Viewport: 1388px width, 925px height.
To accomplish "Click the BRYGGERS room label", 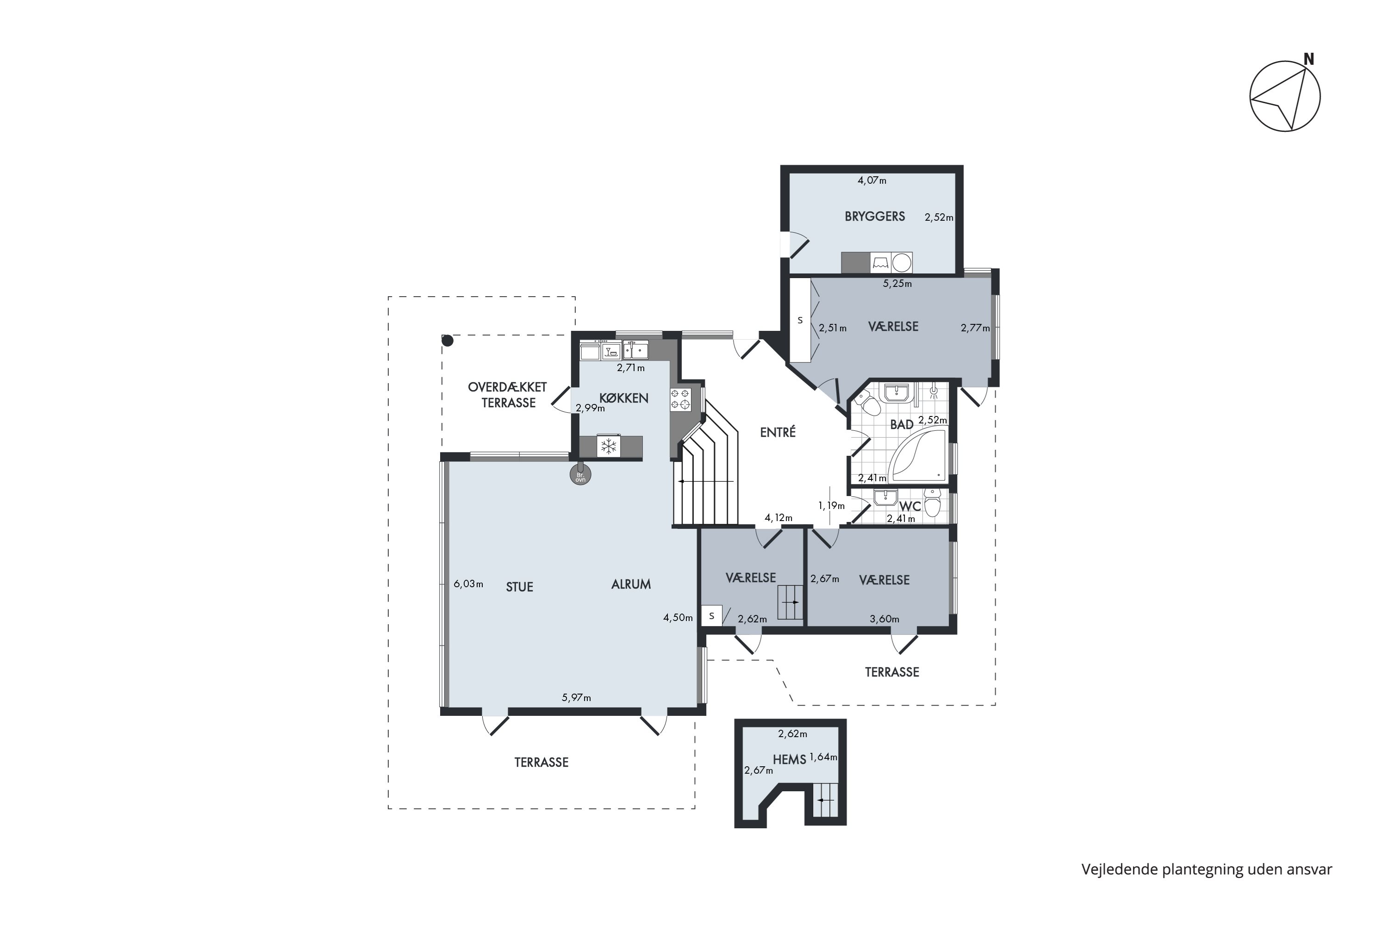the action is point(874,217).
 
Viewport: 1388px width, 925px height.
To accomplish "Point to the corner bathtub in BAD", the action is point(917,454).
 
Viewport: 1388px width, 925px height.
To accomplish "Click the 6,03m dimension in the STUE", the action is point(468,584).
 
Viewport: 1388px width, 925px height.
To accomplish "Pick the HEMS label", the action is point(789,760).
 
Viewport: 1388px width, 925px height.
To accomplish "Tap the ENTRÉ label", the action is point(778,432).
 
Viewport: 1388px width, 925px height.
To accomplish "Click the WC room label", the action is point(910,506).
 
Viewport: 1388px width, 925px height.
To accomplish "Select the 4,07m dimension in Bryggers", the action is point(872,180).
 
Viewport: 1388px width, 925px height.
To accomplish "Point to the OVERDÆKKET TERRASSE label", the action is point(507,395).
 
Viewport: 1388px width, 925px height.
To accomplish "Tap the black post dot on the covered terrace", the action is point(448,341).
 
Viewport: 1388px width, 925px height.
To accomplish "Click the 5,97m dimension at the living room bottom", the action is point(576,697).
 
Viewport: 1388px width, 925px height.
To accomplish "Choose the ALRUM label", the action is point(630,584).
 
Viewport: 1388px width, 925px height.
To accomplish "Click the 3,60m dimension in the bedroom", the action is point(884,619).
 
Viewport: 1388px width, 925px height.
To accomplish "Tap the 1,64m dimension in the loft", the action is point(823,757).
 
